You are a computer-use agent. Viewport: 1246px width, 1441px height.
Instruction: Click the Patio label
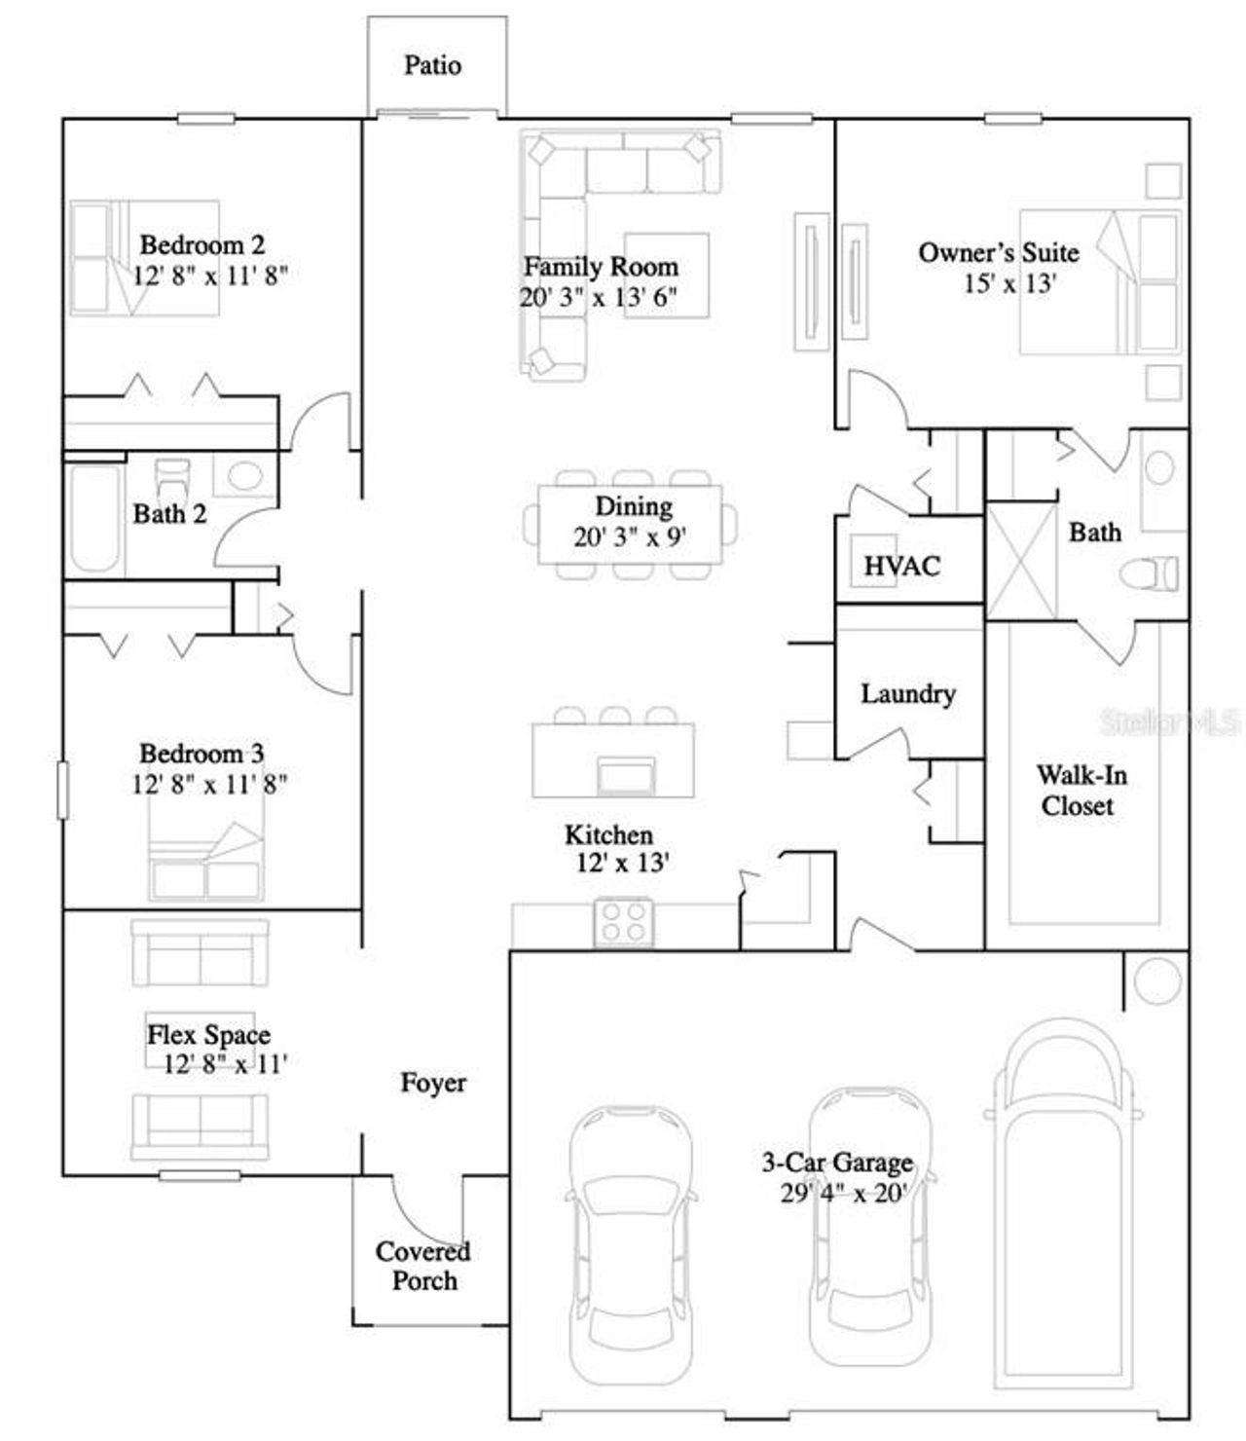click(432, 65)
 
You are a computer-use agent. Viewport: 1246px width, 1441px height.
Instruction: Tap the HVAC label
click(902, 566)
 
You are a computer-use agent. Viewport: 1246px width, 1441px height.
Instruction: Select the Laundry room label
click(907, 694)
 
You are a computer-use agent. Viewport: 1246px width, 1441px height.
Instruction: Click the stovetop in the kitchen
click(623, 920)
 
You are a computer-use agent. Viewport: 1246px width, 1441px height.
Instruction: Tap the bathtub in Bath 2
click(94, 520)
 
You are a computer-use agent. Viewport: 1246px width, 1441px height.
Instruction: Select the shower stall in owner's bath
click(1021, 562)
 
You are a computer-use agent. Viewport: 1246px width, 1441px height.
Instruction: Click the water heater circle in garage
click(1156, 979)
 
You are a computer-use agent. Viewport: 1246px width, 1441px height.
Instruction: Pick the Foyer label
click(433, 1083)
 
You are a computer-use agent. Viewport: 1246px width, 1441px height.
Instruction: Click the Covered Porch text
click(423, 1266)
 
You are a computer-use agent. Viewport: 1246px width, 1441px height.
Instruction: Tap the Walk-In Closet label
click(1081, 791)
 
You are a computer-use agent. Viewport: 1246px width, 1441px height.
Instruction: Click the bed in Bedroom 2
click(144, 258)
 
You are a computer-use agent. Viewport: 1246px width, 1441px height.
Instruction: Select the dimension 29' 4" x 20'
click(843, 1193)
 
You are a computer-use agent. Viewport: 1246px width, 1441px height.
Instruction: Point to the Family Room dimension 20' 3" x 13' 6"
click(599, 297)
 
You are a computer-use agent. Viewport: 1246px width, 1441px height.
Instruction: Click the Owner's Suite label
click(999, 253)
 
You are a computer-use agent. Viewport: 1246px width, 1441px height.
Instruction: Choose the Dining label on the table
click(634, 507)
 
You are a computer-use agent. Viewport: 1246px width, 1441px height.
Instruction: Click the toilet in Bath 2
click(173, 476)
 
